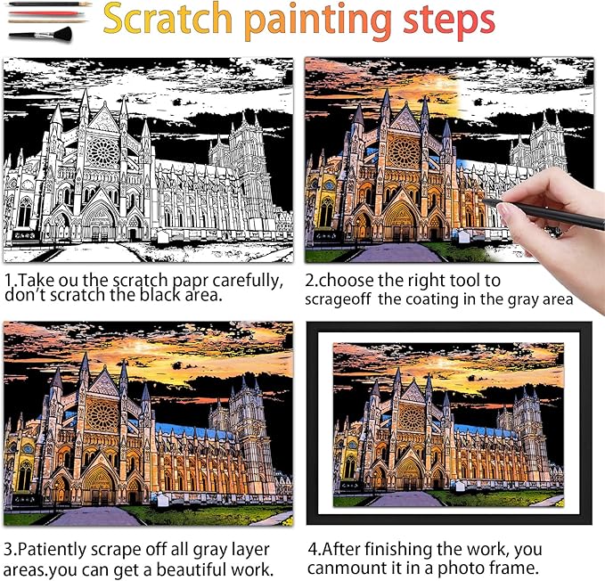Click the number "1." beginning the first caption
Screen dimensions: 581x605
10,280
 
